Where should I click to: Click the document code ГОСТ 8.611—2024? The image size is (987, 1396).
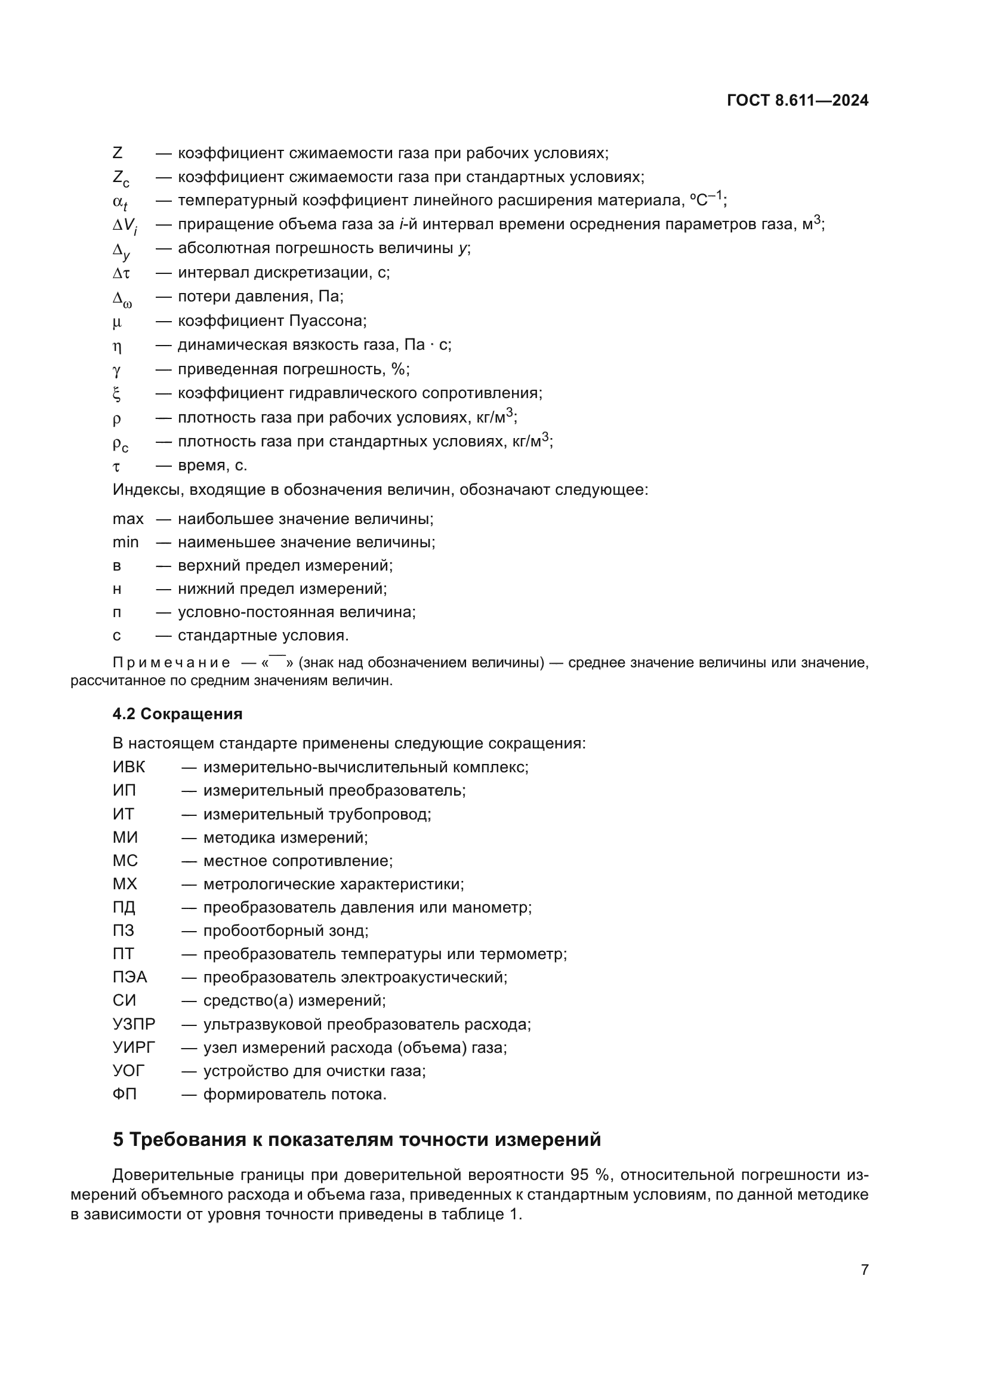[797, 101]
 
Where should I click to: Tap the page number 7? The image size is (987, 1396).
[864, 1269]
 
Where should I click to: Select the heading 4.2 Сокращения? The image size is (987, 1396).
[177, 714]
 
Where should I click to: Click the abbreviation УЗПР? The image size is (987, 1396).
[134, 1025]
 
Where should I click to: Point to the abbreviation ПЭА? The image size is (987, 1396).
[129, 977]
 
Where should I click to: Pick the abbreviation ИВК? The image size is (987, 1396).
[129, 768]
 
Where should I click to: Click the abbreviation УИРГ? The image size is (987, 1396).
[134, 1047]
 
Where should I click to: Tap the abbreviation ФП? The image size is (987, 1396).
[125, 1095]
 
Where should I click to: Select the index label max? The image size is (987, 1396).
[128, 519]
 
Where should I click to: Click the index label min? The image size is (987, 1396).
[125, 543]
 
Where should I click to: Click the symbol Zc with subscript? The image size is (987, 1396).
[121, 178]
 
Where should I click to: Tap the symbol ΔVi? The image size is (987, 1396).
[125, 226]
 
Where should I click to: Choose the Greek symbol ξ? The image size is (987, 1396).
[117, 394]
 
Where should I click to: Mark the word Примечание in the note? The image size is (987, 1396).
[171, 662]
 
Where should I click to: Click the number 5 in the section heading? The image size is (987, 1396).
[118, 1139]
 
